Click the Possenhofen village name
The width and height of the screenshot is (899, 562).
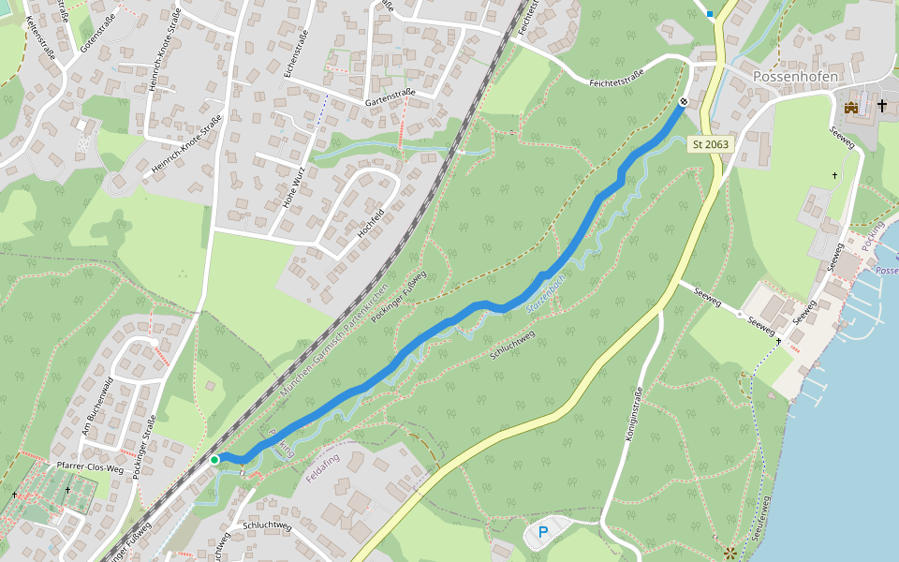pos(795,75)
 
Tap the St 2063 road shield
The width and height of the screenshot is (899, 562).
pos(711,144)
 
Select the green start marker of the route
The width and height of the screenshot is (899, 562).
pos(214,459)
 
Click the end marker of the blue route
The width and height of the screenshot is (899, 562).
pos(684,101)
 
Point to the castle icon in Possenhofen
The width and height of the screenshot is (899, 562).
pos(851,108)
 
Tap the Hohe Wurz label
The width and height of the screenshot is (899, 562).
pos(294,185)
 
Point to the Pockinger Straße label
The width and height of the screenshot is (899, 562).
pos(143,448)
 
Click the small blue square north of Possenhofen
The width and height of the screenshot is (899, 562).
pos(710,14)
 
